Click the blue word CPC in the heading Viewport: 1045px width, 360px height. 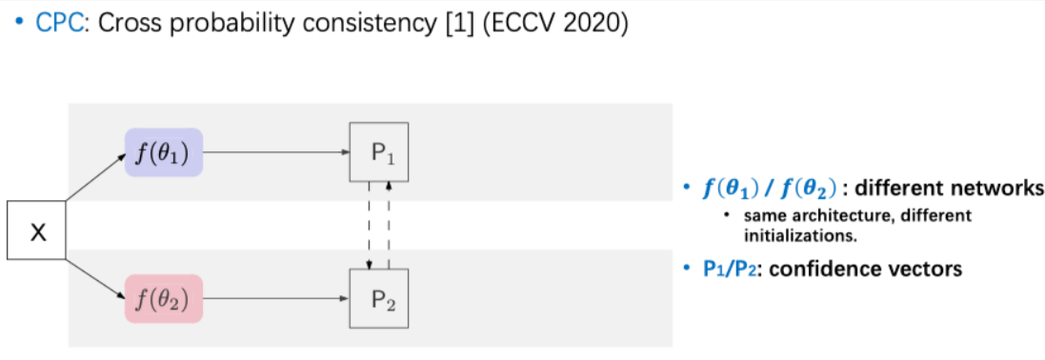(x=55, y=24)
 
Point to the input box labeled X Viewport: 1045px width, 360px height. (x=37, y=231)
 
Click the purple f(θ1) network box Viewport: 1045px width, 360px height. (x=163, y=152)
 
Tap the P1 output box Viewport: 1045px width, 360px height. (x=379, y=152)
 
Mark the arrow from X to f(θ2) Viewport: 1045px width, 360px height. (x=95, y=277)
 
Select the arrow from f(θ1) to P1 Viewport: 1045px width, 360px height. (x=276, y=152)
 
